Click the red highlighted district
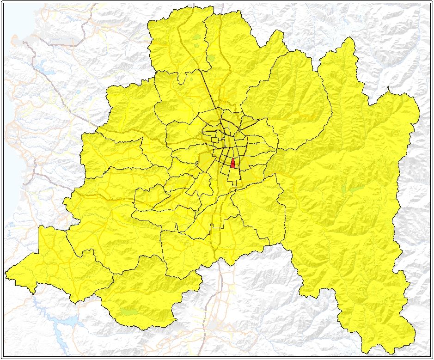[x=232, y=164]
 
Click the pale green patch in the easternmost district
[x=354, y=189]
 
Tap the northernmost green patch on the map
[x=197, y=37]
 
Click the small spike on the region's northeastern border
[x=388, y=87]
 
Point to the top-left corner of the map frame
[x=3, y=3]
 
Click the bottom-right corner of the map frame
[x=430, y=356]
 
